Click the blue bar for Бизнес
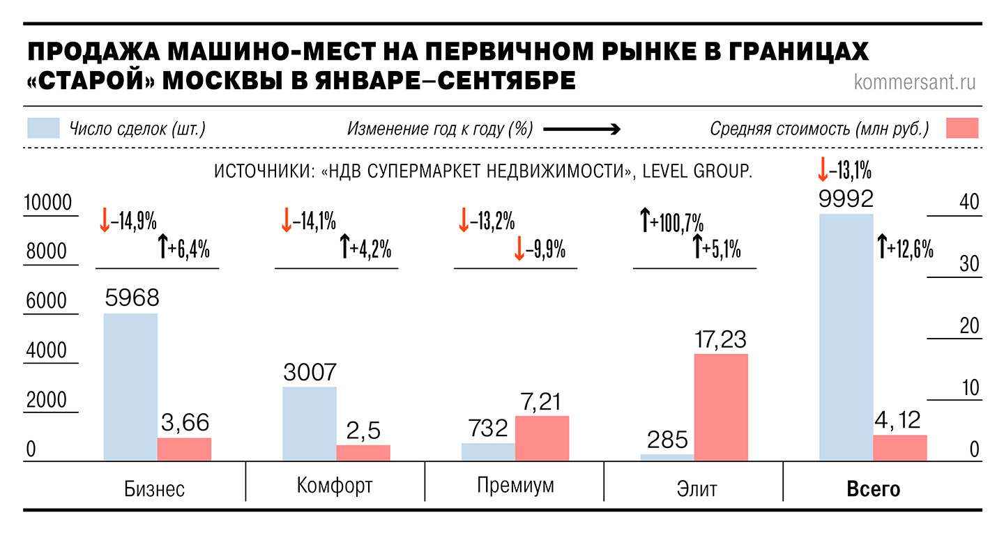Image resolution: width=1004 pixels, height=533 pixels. [x=130, y=387]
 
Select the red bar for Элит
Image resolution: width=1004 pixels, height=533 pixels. [x=721, y=407]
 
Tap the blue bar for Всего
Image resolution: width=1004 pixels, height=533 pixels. [x=846, y=337]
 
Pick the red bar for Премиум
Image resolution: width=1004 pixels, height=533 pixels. [x=542, y=438]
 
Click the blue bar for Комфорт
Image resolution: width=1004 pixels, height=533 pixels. [x=310, y=423]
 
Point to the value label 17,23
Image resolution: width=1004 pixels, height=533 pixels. [x=721, y=339]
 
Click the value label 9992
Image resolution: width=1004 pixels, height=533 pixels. [x=846, y=200]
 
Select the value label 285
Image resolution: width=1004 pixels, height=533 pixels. [x=667, y=440]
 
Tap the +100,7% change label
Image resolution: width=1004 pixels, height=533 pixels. [x=671, y=224]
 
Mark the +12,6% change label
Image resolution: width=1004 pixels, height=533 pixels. [x=905, y=248]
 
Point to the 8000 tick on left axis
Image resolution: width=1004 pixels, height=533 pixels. [x=47, y=252]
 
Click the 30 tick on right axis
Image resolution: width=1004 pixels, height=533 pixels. [x=970, y=264]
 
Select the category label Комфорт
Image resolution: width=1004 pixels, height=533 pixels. [x=335, y=486]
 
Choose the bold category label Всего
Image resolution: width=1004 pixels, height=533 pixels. [x=874, y=488]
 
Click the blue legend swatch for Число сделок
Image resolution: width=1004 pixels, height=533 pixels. [x=43, y=129]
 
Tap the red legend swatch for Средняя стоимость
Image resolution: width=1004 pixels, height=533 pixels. [x=962, y=129]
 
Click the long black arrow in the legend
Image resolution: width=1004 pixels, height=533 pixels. [x=581, y=129]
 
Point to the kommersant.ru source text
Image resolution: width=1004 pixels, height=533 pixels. [x=915, y=82]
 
